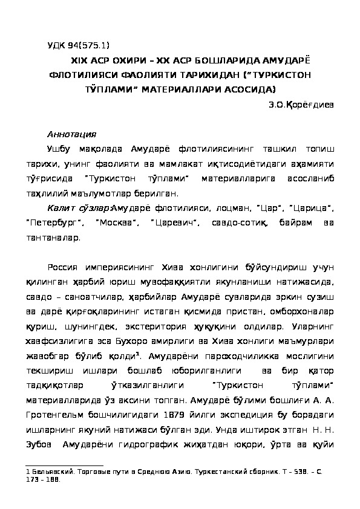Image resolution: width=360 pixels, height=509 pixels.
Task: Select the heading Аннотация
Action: pyautogui.click(x=71, y=134)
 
